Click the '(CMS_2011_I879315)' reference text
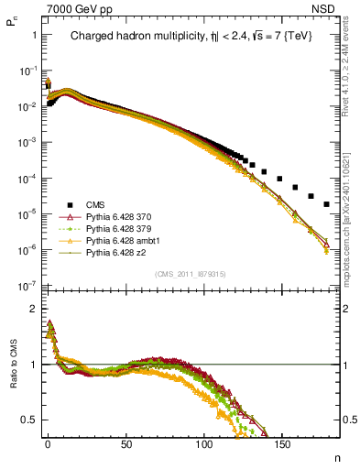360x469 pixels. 191,274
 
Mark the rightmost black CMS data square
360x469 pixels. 327,204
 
